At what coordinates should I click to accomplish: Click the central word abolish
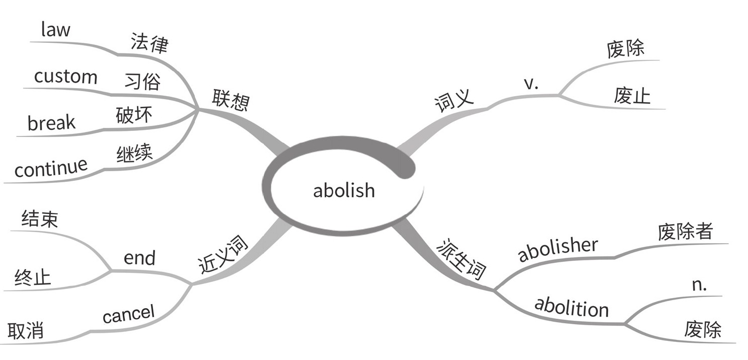coord(344,190)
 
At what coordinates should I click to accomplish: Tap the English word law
coord(55,30)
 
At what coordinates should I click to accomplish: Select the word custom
coord(65,77)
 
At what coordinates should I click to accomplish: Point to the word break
coord(51,123)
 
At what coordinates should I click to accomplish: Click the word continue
coord(51,168)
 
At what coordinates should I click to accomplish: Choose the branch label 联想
coord(231,100)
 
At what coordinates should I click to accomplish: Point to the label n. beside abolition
coord(700,285)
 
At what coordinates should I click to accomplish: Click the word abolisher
coord(558,249)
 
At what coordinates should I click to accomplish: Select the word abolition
coord(571,307)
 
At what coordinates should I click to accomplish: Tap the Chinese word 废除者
coord(685,232)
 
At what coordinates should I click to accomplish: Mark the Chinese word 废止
coord(632,96)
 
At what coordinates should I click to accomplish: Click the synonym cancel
coord(128,315)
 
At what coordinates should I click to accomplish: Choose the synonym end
coord(139,258)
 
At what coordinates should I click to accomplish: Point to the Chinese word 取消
coord(26,331)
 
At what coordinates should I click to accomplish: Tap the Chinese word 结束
coord(40,219)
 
